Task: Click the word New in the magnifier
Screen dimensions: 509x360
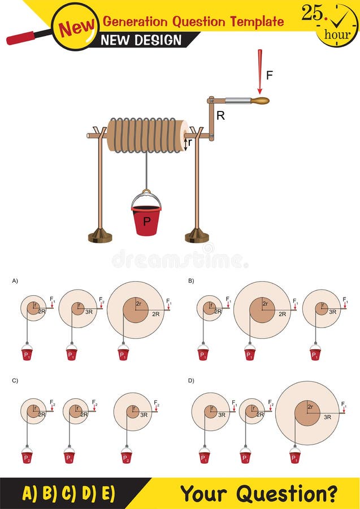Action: pos(76,26)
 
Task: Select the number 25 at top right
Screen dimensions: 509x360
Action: pos(313,12)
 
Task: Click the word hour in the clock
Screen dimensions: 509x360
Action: pos(337,34)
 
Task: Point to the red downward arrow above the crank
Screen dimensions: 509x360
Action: pos(260,71)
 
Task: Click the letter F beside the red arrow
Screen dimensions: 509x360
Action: pos(270,75)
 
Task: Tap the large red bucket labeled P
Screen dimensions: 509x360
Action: pos(146,220)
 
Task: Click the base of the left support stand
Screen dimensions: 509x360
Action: pos(100,235)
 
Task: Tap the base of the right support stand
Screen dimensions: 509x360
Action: pos(197,235)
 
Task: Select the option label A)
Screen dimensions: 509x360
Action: pos(15,281)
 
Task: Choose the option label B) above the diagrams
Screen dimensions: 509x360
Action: pos(191,281)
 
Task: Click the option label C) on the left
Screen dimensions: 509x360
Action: pos(15,381)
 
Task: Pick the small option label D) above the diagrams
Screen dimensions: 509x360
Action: pos(191,381)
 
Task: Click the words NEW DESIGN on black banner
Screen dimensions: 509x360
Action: pos(141,40)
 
